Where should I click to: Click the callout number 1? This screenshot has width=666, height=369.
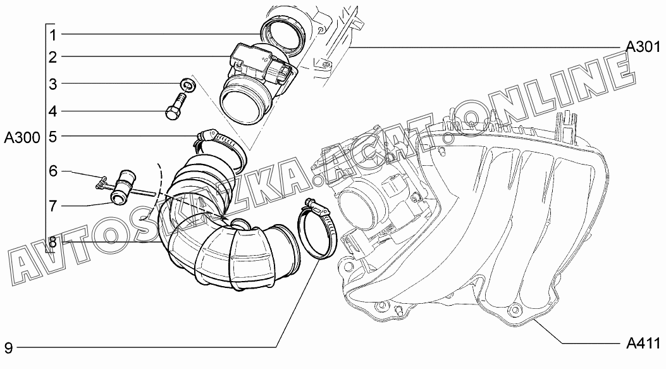[x=52, y=35]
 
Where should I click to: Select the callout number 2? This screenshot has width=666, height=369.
[x=52, y=57]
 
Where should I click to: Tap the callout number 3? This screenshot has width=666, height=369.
[x=52, y=84]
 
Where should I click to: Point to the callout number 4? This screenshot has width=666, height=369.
[x=52, y=111]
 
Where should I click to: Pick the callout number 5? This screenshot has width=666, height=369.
[x=52, y=137]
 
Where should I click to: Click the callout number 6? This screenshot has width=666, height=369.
[x=52, y=172]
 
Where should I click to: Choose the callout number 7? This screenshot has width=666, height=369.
[x=52, y=206]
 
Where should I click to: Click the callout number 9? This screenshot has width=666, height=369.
[x=8, y=348]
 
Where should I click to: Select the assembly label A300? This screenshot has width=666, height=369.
[x=22, y=137]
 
